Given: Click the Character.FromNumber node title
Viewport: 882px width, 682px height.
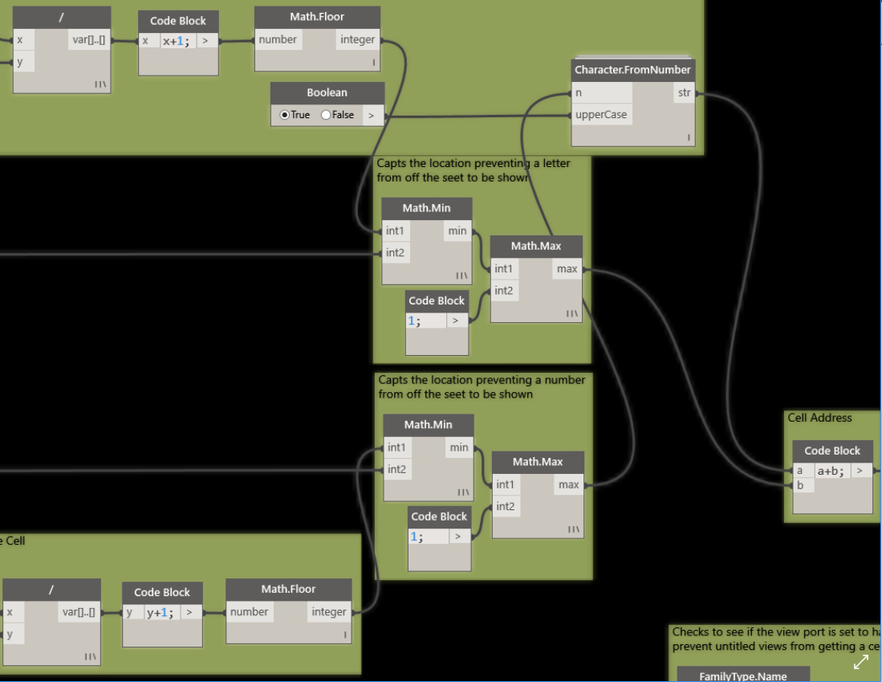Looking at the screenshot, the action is coord(632,70).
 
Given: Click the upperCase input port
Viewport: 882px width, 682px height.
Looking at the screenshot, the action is coord(601,114).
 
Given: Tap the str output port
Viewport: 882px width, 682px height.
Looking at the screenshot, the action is coord(684,92).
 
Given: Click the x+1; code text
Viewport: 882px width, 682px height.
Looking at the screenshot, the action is coord(176,40).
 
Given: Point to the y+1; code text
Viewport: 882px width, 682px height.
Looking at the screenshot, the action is coord(161,613).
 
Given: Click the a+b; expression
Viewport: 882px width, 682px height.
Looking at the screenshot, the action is coord(831,471).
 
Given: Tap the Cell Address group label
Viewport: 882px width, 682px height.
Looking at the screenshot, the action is coord(819,418).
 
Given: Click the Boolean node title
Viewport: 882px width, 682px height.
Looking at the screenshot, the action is coord(327,92).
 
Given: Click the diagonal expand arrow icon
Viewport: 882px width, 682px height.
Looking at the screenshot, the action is coord(861,662).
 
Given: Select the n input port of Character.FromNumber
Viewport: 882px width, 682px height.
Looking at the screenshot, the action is coord(579,93).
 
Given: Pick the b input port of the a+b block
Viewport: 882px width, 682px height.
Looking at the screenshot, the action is coord(800,485).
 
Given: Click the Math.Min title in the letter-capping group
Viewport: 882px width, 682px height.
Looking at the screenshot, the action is coord(426,208).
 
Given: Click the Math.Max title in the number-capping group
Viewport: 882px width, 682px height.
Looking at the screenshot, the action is coord(538,462).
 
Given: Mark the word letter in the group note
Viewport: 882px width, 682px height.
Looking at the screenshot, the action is coord(556,163).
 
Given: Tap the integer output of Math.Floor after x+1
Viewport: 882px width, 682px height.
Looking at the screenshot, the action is coord(357,39).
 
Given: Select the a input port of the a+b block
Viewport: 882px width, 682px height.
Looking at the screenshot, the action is coord(800,471).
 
